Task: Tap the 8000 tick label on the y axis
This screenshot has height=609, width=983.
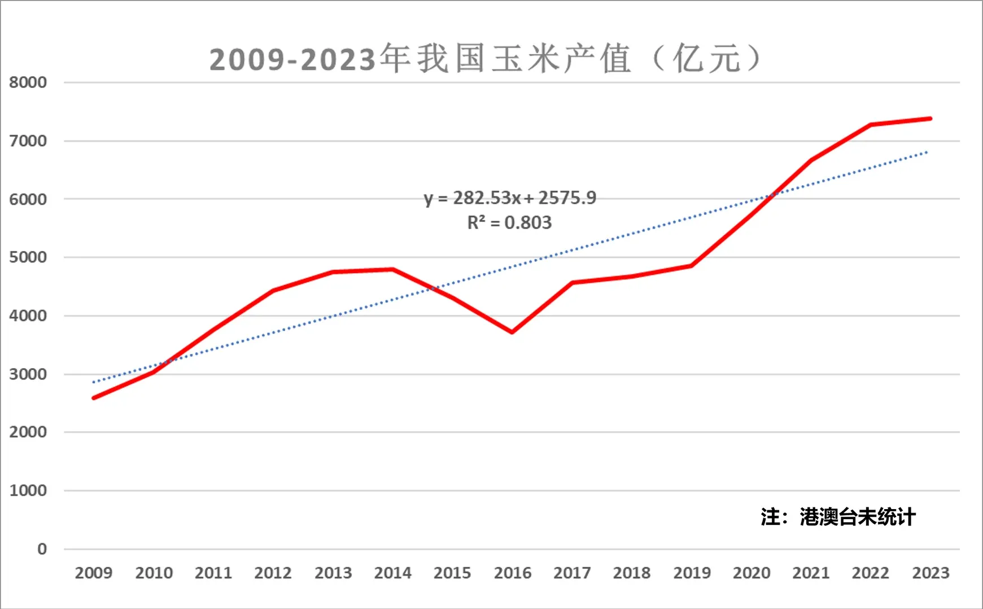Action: [x=28, y=82]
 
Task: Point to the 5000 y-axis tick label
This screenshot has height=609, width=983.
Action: [x=28, y=257]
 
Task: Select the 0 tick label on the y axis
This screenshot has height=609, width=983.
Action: [x=42, y=549]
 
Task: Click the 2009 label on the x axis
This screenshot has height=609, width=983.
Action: [x=94, y=573]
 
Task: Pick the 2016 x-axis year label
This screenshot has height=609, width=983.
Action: [x=513, y=573]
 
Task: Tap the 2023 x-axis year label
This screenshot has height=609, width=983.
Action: [x=930, y=573]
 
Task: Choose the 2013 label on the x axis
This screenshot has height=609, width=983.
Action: [x=333, y=573]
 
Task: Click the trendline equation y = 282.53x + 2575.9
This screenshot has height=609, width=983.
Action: [x=510, y=198]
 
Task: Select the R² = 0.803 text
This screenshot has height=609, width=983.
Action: [x=509, y=223]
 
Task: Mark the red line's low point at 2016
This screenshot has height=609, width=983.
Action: [x=512, y=332]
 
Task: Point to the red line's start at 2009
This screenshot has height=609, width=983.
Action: [x=94, y=398]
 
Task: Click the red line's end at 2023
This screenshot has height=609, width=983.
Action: [x=930, y=119]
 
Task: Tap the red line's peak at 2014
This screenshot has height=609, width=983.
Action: [x=393, y=270]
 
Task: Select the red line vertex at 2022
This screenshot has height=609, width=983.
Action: [x=871, y=125]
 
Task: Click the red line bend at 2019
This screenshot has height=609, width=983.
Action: [x=692, y=265]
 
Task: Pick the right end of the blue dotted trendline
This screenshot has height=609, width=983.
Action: [x=927, y=152]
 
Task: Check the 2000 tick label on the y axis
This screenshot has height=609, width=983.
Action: [x=28, y=432]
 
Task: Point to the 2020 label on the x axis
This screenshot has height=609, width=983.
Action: [x=752, y=573]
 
